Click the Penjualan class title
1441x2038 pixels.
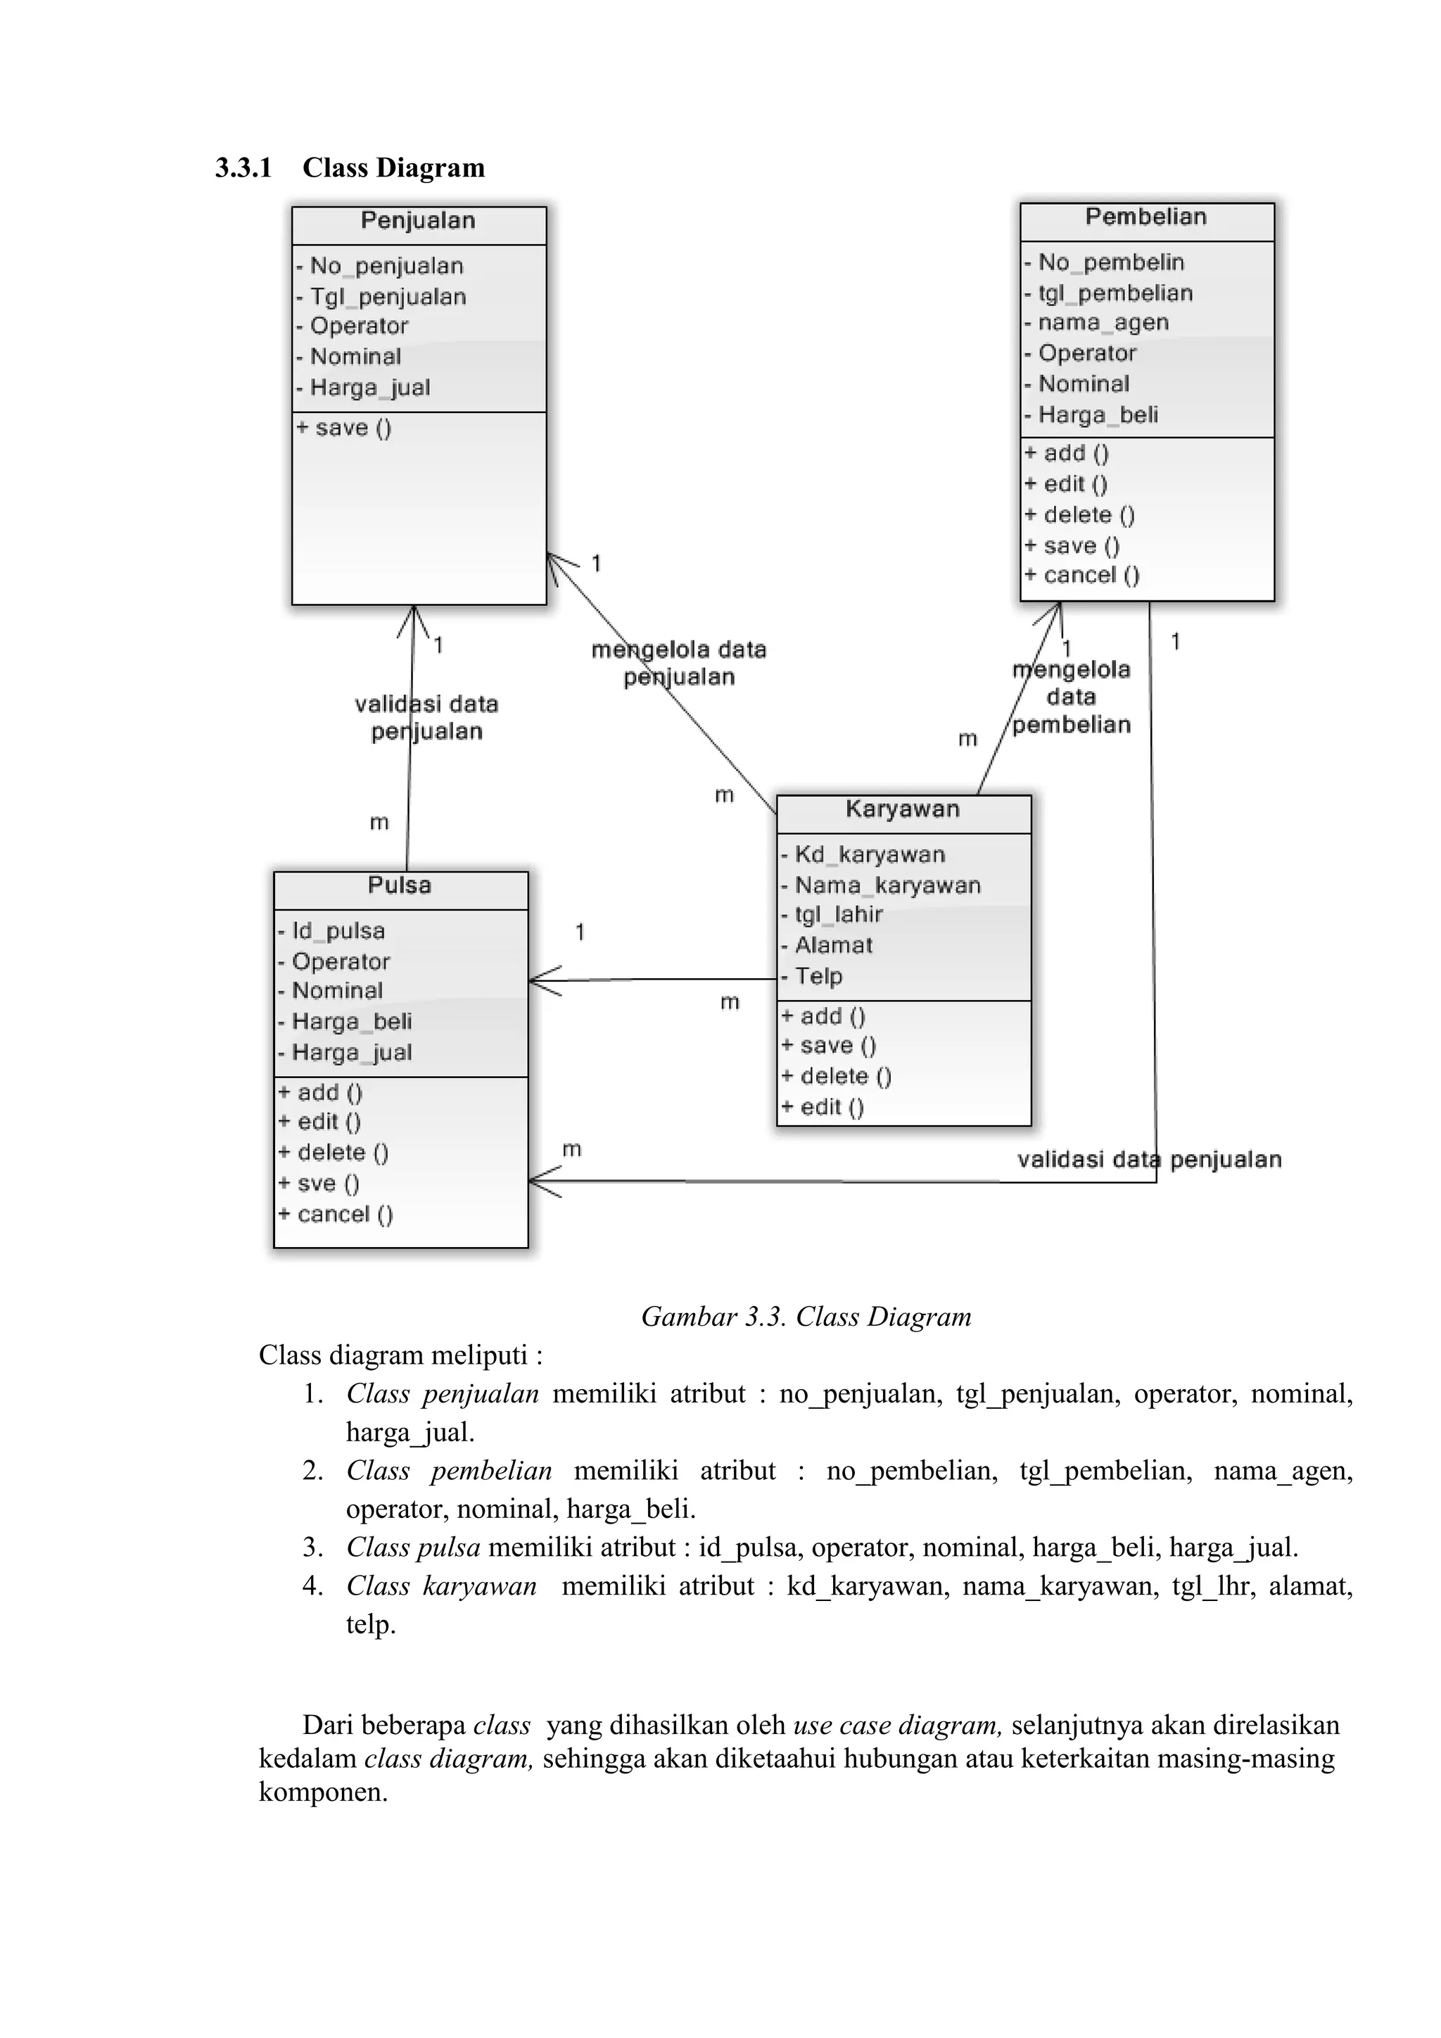[418, 221]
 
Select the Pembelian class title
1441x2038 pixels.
[1145, 217]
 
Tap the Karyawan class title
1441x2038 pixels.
[903, 809]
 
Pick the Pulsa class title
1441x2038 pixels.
[399, 886]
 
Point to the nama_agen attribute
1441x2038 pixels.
[1103, 323]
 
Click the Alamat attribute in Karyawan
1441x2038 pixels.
[833, 947]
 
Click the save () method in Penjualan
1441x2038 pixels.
[353, 429]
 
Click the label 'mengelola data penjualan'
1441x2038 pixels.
[679, 664]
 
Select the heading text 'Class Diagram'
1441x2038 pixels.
[393, 167]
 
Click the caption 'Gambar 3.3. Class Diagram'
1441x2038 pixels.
[806, 1317]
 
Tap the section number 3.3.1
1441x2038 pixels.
[243, 167]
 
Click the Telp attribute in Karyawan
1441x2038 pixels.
[818, 976]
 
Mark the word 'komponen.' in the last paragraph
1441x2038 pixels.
[323, 1792]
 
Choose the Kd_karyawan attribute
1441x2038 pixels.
[870, 855]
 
